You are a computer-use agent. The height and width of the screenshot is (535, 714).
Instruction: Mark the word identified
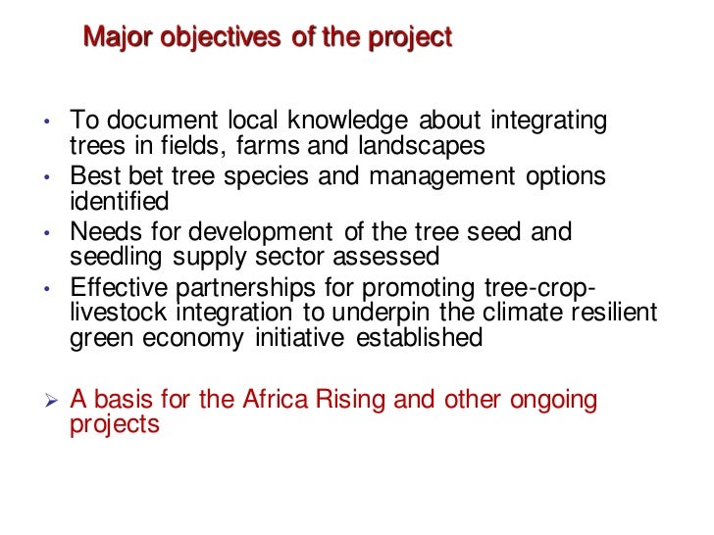point(120,202)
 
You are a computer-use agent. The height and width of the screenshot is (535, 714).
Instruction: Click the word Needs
point(107,233)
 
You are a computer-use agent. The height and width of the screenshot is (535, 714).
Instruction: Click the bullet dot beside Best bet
point(47,178)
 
